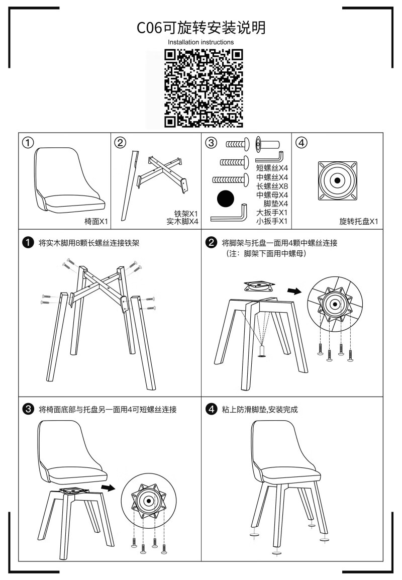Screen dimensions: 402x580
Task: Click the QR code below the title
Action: [x=204, y=89]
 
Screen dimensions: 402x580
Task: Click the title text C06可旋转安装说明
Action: [x=201, y=28]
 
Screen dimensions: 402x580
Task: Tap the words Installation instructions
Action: [x=201, y=42]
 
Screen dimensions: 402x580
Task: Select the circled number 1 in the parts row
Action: [x=28, y=142]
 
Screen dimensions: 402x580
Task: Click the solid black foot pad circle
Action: [x=226, y=199]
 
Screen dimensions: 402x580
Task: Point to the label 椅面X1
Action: [x=96, y=221]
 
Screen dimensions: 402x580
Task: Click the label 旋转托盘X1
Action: [x=359, y=221]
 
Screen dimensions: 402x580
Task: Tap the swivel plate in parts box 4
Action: [x=337, y=181]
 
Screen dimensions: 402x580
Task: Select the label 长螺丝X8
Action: [x=272, y=186]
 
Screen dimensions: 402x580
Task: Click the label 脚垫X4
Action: [x=276, y=204]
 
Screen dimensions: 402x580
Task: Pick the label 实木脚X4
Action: [x=182, y=221]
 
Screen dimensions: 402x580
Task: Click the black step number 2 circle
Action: [x=211, y=243]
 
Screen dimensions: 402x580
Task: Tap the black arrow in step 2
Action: [x=294, y=292]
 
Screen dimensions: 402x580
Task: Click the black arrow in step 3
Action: [x=109, y=488]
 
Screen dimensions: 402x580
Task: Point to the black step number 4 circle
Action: [x=211, y=409]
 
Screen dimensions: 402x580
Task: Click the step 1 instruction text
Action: [x=89, y=243]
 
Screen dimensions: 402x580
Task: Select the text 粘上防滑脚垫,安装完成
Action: [x=260, y=410]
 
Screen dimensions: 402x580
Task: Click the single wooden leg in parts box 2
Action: [x=130, y=185]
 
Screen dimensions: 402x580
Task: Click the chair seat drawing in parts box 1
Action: [x=69, y=180]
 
